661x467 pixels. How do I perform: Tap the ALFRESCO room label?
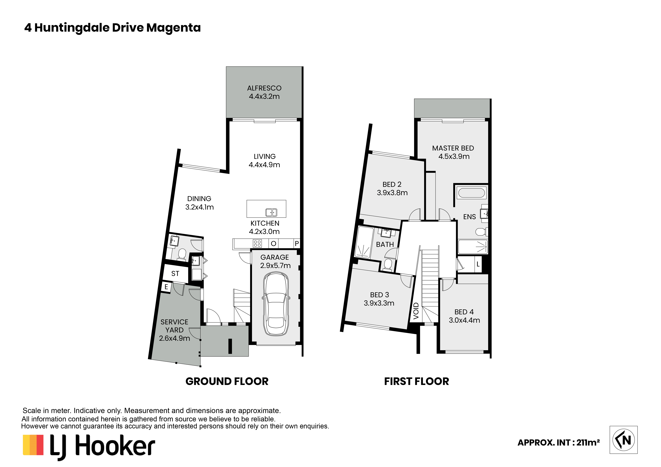tap(264, 88)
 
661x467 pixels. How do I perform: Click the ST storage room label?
tap(175, 274)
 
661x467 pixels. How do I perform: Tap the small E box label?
tap(166, 287)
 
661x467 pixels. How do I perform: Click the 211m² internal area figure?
tap(588, 442)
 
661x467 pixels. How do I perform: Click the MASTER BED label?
tap(453, 148)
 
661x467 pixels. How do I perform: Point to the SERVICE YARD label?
tap(174, 326)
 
